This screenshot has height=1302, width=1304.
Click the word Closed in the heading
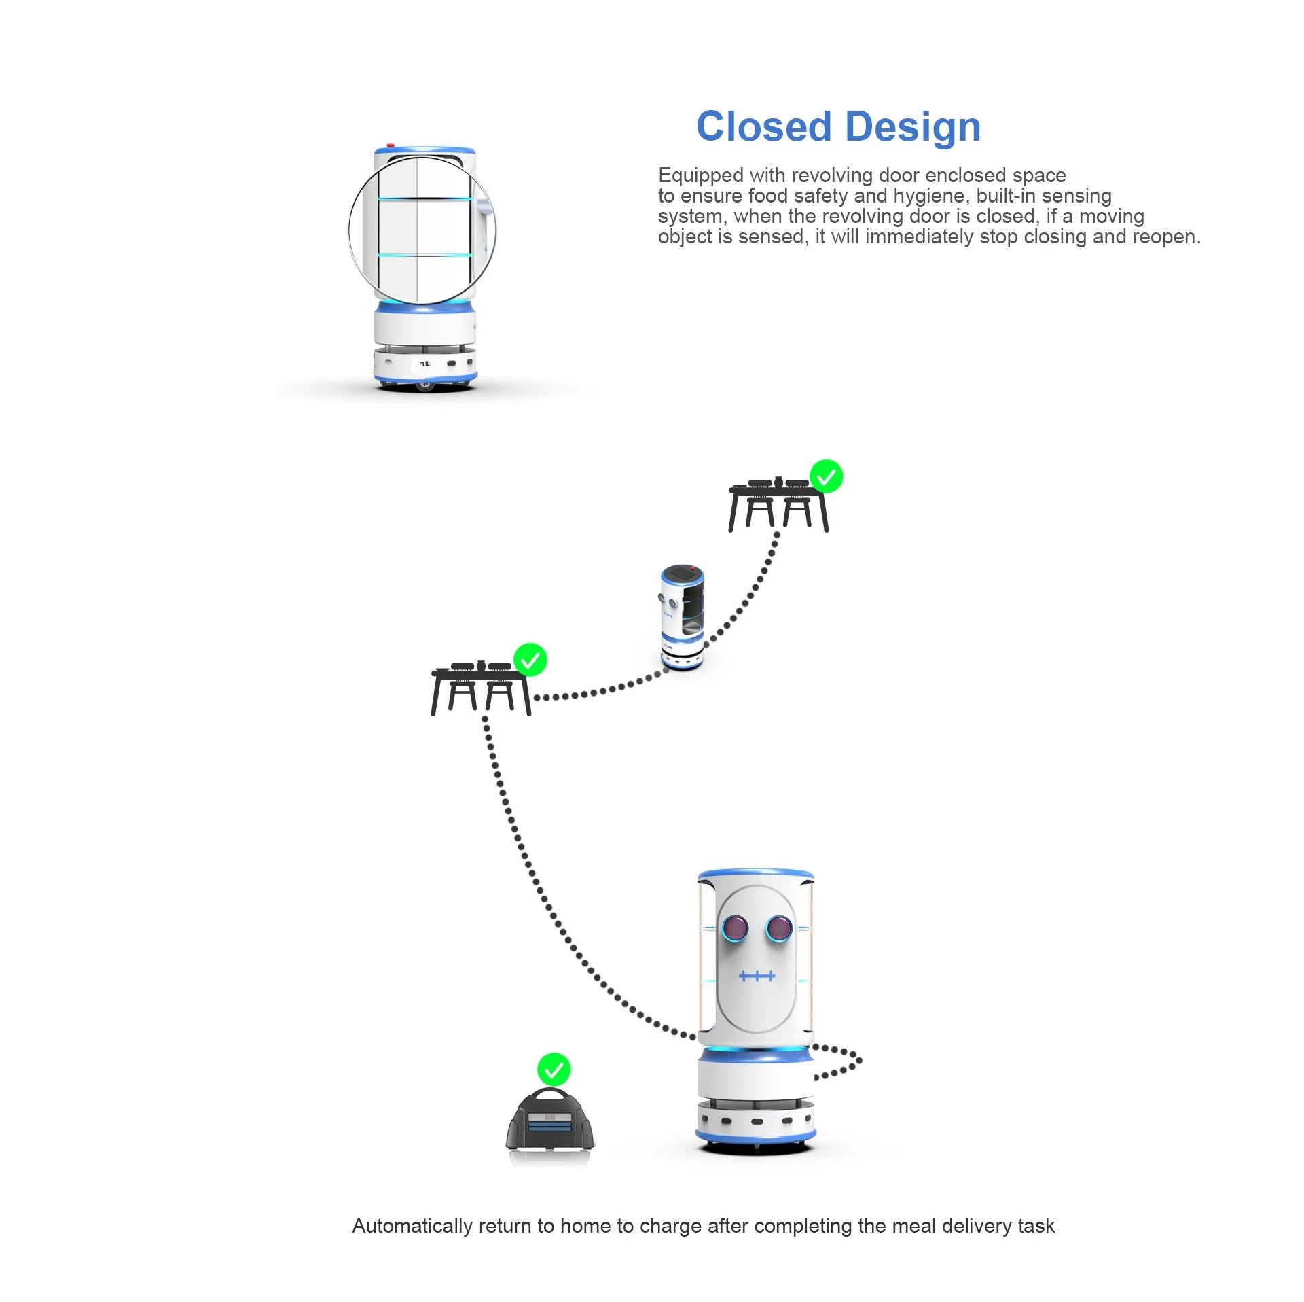point(763,127)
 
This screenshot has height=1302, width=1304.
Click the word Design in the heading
point(913,127)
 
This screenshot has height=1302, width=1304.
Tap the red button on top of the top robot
point(390,145)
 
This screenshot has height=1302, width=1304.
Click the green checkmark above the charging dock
point(554,1070)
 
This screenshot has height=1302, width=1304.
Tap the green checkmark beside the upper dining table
point(826,476)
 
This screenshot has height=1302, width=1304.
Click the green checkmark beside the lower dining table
point(530,660)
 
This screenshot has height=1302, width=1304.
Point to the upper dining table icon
point(777,506)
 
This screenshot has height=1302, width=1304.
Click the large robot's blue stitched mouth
point(757,976)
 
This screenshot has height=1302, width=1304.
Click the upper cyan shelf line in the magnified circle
point(424,199)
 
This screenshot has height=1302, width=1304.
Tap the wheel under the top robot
point(425,387)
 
